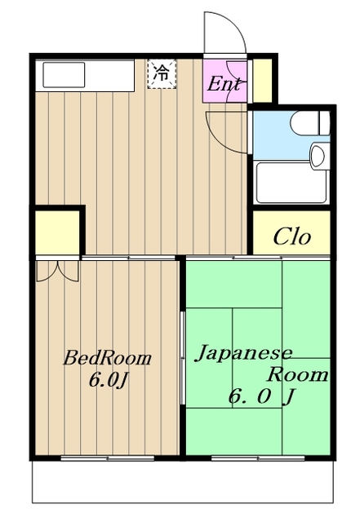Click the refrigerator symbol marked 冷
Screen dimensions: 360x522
click(x=162, y=74)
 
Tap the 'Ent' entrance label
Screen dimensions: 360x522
click(x=224, y=84)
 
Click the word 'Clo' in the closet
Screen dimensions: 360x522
click(x=292, y=237)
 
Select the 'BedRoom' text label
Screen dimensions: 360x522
click(x=107, y=358)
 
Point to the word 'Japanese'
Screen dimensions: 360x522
click(x=243, y=353)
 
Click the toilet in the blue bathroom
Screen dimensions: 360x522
click(x=310, y=123)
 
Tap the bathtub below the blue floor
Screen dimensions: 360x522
click(x=291, y=183)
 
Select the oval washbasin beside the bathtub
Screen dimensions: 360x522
click(x=318, y=156)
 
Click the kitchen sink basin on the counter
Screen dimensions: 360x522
click(x=64, y=75)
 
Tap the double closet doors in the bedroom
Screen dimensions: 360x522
click(x=58, y=272)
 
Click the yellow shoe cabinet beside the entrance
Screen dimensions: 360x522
click(x=262, y=81)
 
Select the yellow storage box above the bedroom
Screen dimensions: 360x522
click(x=57, y=232)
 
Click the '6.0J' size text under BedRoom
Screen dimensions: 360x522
click(x=109, y=380)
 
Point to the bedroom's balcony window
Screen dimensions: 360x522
click(x=107, y=458)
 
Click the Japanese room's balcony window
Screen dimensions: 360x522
click(x=258, y=458)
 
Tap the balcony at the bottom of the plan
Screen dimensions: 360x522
click(x=183, y=482)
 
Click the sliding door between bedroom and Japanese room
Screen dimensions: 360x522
click(x=182, y=358)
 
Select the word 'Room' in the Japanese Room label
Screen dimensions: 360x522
click(x=297, y=375)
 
